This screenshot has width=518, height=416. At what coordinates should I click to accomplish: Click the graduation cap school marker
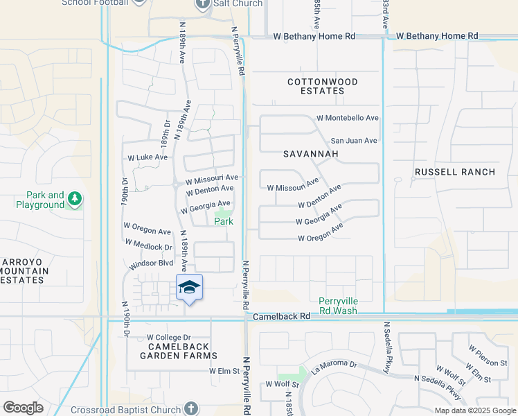[189, 287]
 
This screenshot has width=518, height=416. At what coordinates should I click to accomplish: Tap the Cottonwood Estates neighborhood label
[323, 87]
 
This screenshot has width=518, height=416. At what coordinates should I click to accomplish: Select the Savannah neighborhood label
[310, 153]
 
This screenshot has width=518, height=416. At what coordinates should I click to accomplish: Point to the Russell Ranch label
[455, 172]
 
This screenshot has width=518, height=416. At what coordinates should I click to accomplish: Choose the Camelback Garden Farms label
[169, 351]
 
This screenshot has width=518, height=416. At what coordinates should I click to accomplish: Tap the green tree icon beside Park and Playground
[75, 200]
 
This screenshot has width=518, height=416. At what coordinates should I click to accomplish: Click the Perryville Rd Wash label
[338, 306]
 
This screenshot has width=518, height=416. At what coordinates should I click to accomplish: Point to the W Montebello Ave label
[348, 119]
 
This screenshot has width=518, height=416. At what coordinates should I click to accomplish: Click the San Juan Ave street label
[353, 141]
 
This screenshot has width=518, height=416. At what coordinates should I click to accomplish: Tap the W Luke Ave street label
[148, 157]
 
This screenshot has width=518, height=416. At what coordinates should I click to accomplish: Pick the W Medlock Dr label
[148, 245]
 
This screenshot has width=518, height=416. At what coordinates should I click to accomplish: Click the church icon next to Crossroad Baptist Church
[193, 409]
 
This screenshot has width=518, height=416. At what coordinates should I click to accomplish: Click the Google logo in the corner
[23, 408]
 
